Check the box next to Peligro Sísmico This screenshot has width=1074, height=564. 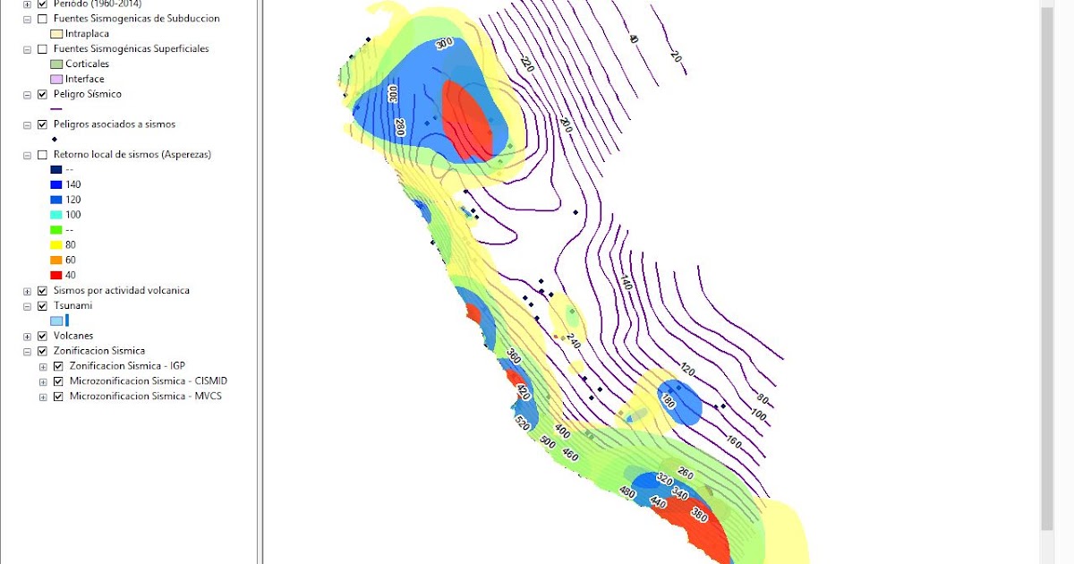pyautogui.click(x=42, y=94)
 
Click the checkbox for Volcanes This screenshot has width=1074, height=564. pyautogui.click(x=42, y=336)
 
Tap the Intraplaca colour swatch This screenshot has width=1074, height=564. pyautogui.click(x=56, y=33)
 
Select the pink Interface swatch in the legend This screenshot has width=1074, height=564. pyautogui.click(x=56, y=79)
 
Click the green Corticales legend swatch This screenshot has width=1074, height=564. pyautogui.click(x=56, y=64)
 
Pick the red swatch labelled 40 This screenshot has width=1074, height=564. pyautogui.click(x=56, y=275)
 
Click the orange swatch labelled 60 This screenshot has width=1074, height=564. pyautogui.click(x=56, y=260)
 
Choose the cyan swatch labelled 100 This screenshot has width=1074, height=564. pyautogui.click(x=56, y=215)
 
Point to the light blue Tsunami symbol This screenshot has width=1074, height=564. pyautogui.click(x=56, y=320)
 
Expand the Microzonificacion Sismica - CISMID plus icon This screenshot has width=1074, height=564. pyautogui.click(x=44, y=381)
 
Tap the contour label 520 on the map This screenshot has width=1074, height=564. pyautogui.click(x=522, y=423)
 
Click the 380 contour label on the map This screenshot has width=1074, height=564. pyautogui.click(x=699, y=515)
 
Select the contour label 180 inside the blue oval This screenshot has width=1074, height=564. pyautogui.click(x=668, y=402)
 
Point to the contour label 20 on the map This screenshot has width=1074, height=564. pyautogui.click(x=676, y=58)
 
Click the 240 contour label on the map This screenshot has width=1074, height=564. pyautogui.click(x=574, y=341)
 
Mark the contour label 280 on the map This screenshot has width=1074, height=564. pyautogui.click(x=400, y=127)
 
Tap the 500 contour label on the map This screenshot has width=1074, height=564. pyautogui.click(x=548, y=440)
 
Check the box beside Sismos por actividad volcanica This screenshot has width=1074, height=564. pyautogui.click(x=42, y=291)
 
